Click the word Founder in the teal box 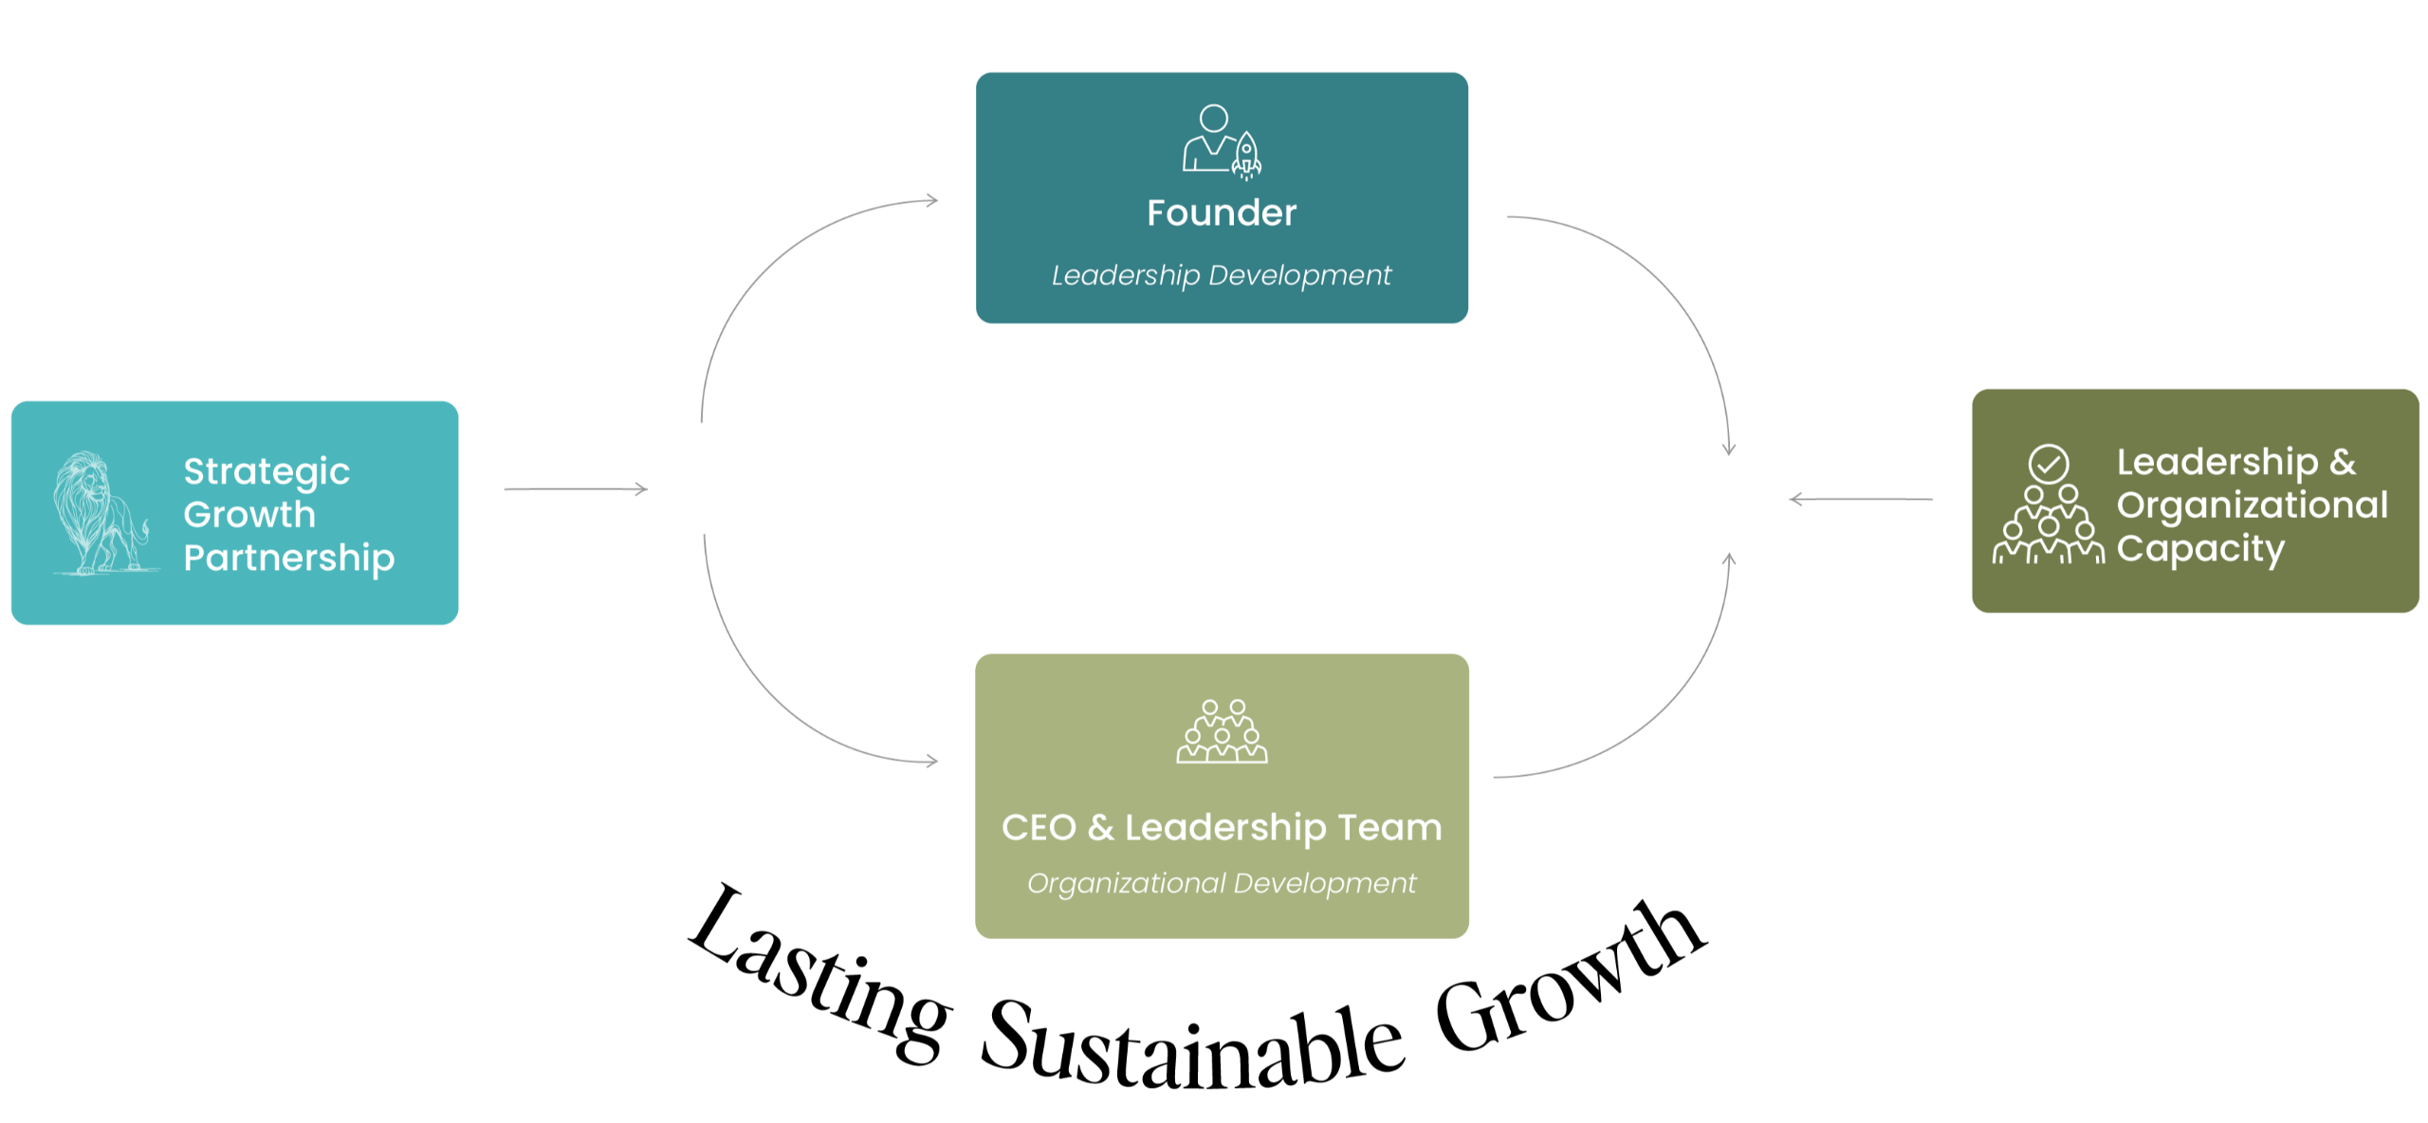(x=1221, y=212)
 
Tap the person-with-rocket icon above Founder (x=1222, y=142)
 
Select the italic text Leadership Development (x=1221, y=275)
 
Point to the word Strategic (x=267, y=472)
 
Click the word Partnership (x=288, y=559)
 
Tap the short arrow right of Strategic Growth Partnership (x=576, y=488)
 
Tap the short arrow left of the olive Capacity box (x=1861, y=499)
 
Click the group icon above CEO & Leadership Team (x=1222, y=731)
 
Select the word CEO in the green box (x=1039, y=828)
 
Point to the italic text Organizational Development (x=1222, y=883)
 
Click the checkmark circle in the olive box (x=2049, y=464)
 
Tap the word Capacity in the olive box (x=2200, y=549)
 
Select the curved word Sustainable (x=1192, y=1046)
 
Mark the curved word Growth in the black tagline (x=1571, y=977)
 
